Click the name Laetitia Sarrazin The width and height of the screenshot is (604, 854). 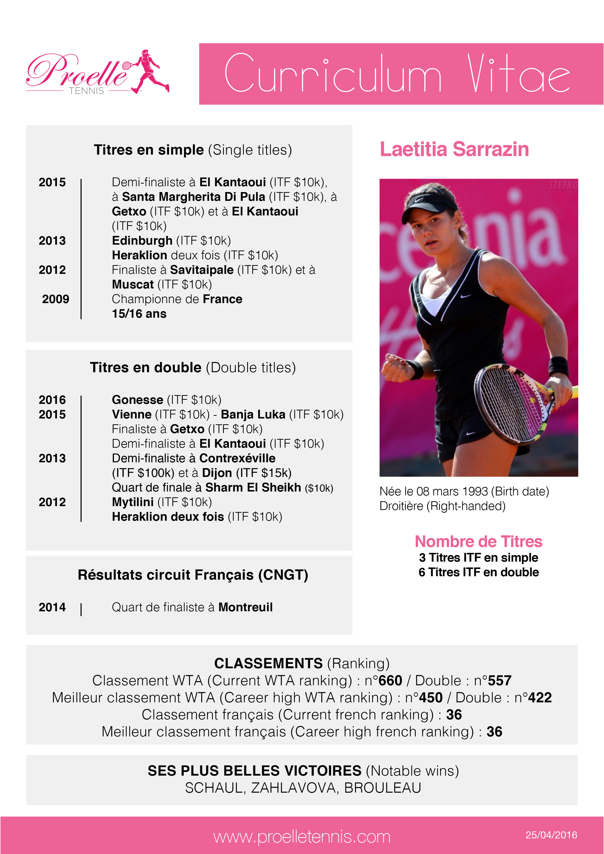click(454, 149)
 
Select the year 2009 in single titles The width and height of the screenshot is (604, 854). click(56, 299)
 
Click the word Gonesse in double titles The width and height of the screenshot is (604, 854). click(137, 400)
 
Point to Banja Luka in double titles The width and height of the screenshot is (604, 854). click(253, 414)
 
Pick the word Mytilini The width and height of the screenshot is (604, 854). click(132, 502)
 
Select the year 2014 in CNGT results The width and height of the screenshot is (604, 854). click(52, 607)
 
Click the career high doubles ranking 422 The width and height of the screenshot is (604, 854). click(540, 697)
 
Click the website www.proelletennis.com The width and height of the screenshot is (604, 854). click(302, 837)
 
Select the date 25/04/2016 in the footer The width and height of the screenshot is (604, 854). click(551, 835)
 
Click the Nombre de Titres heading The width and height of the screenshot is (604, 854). click(478, 542)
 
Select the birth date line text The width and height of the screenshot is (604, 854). click(464, 491)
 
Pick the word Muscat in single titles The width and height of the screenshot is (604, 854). click(132, 285)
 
